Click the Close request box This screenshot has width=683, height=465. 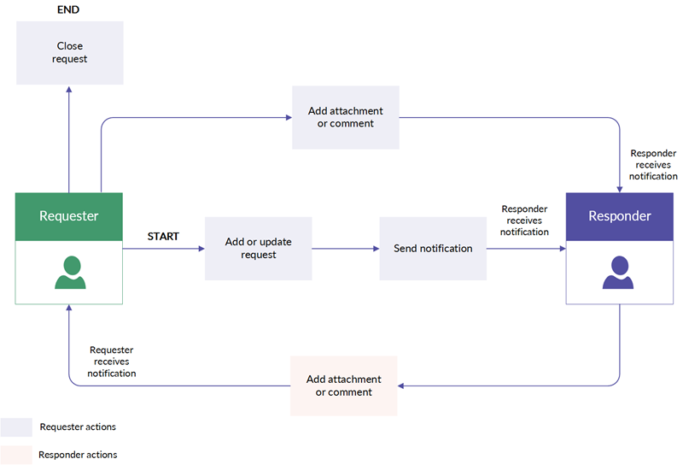coord(70,53)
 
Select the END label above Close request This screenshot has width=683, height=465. coord(68,9)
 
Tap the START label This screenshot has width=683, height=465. coord(163,237)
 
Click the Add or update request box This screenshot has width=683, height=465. coord(259,248)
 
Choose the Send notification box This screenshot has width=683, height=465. coord(433,248)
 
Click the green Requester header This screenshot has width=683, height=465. coord(69,216)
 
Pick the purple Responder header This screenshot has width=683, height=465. coord(620,216)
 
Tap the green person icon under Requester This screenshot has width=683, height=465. coord(70,272)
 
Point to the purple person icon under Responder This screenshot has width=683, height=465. coord(618,272)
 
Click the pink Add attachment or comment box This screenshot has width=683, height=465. coord(344,386)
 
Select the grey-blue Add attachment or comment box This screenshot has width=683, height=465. coord(346,117)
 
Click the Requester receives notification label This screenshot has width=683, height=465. coord(112,362)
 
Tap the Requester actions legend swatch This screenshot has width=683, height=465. coord(16,427)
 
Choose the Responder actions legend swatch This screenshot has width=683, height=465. coord(16,455)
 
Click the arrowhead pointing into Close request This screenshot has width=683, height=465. coord(69,90)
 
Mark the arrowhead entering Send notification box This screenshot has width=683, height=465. coord(377,249)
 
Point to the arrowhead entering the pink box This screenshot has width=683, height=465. coord(400,386)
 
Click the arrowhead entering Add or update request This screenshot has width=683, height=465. coord(201,249)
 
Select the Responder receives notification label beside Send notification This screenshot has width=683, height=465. coord(524,221)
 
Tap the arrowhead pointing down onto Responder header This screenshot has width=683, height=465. coord(620,190)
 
